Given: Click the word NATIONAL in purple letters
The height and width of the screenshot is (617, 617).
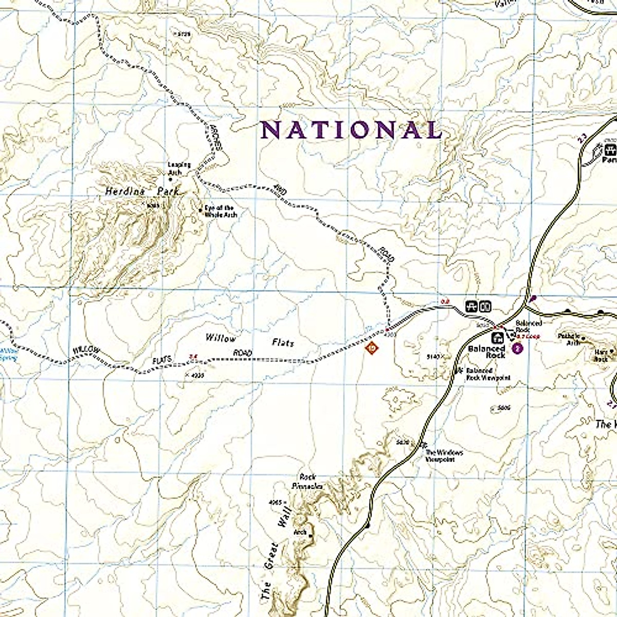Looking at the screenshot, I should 352,130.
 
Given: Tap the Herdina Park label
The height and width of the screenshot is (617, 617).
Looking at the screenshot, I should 142,191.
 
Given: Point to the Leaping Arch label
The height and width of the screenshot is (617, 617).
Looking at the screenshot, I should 179,168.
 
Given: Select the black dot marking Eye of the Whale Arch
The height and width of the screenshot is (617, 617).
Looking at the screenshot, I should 200,209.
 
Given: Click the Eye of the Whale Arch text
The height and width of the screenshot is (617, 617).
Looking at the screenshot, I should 221,211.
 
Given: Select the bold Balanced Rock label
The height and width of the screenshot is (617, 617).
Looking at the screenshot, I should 486,352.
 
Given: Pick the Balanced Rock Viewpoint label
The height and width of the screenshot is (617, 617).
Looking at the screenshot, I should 488,374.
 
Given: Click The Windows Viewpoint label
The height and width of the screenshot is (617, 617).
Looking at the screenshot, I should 444,456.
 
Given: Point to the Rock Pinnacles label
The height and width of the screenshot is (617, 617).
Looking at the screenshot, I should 307,481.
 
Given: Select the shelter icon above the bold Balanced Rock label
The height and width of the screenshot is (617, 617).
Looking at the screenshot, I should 497,338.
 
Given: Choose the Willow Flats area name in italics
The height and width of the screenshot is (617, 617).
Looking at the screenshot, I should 250,340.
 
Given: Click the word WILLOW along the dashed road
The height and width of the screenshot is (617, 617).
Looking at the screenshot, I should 85,350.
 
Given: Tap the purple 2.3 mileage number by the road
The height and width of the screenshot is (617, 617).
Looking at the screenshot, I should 582,137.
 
